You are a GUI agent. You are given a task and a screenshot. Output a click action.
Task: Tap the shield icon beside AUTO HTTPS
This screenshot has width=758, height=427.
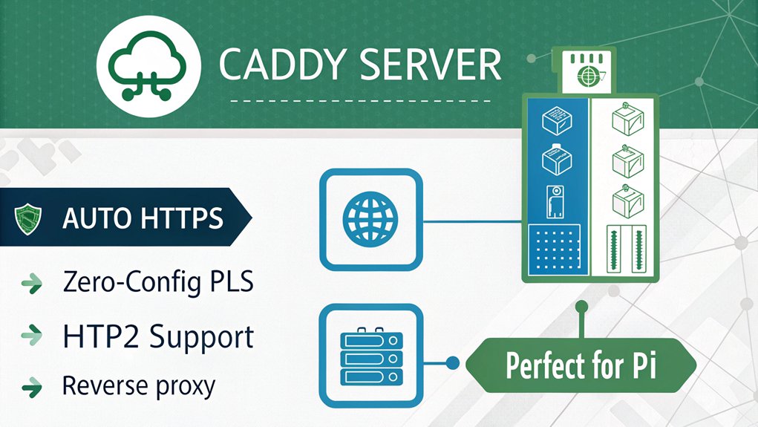[27, 218]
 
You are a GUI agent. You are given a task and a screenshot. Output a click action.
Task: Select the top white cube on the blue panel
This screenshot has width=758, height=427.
[555, 119]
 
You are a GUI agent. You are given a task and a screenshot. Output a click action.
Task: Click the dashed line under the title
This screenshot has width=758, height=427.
[360, 100]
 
